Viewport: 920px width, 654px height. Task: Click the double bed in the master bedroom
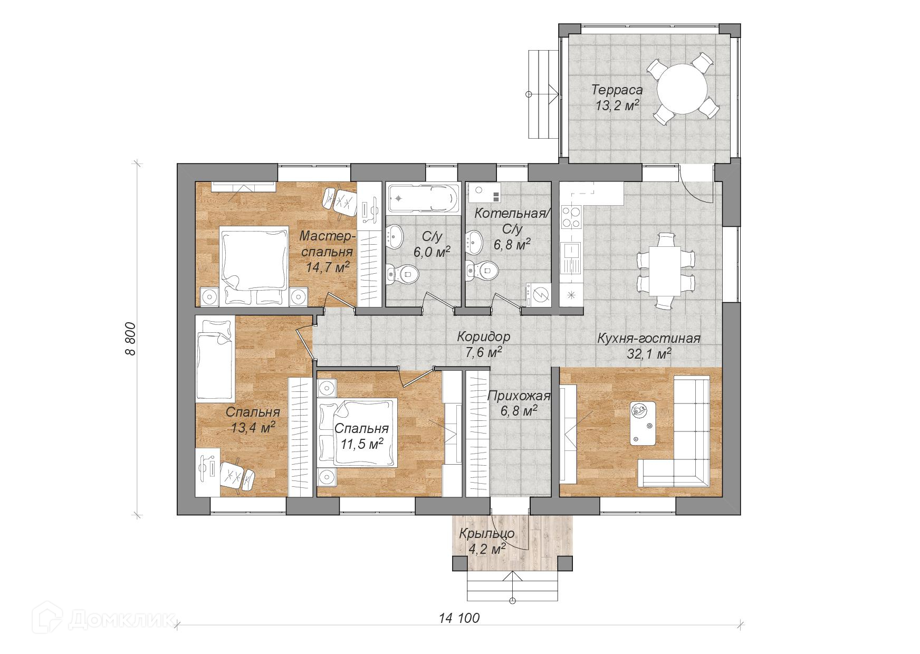click(254, 259)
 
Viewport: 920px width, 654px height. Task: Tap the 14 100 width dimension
click(459, 618)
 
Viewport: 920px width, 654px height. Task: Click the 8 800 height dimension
click(131, 340)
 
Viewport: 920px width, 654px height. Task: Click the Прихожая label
click(519, 396)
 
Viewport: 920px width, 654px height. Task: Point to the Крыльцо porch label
click(486, 533)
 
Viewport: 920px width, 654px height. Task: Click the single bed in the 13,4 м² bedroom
click(214, 358)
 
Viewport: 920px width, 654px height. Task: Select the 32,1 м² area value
click(648, 353)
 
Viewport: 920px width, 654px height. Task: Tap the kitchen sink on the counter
click(570, 257)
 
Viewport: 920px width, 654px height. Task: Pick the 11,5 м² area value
click(361, 444)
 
